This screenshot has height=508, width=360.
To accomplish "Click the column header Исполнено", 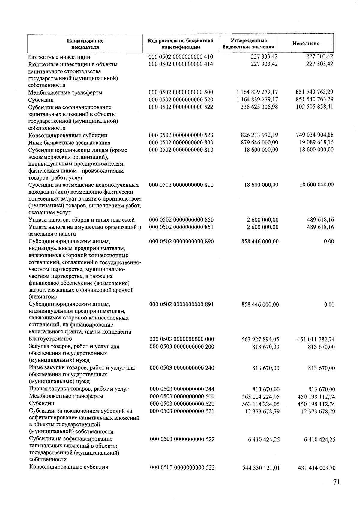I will coord(306,44).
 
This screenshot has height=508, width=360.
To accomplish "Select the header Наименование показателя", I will coord(85,44).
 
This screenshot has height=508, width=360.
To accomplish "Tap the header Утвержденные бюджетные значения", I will coord(248,44).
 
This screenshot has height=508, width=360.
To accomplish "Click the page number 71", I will coord(336,482).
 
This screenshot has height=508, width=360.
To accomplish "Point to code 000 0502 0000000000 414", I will coord(181,64).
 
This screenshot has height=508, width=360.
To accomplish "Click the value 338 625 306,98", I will coord(259,107).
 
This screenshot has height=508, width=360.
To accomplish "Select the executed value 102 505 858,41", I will coord(314,107).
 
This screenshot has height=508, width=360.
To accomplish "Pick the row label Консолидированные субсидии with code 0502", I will coord(68,135).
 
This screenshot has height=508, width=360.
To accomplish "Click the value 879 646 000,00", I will coord(259,142).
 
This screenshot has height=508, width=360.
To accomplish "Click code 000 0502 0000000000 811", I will coord(181,185).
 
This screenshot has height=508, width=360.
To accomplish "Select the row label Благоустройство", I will coord(50,339).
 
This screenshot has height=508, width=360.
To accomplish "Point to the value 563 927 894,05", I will coord(260,340).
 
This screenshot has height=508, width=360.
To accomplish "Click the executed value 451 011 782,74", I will coord(316,340).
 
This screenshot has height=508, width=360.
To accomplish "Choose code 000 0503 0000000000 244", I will coord(182,389).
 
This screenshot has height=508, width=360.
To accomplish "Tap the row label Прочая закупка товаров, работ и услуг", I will coord(79,389).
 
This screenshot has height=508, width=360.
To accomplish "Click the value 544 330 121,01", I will coord(261,468).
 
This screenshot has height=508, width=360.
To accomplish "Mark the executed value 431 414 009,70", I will coord(316,468).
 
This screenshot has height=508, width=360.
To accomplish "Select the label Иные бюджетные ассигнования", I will coord(69,143).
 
